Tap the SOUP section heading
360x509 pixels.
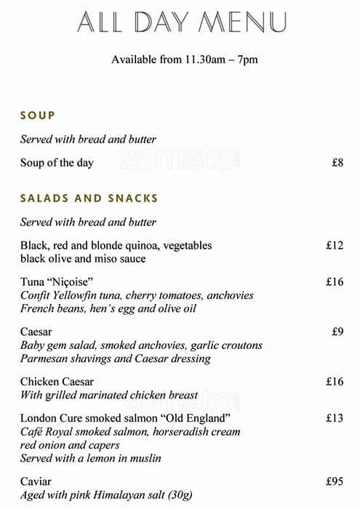coord(38,115)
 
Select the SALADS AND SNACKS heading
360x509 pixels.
coord(89,198)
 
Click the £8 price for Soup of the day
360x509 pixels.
coord(337,163)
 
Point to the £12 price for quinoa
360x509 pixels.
coord(334,246)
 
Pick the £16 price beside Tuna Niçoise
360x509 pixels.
coord(334,281)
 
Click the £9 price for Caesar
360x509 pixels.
coord(337,332)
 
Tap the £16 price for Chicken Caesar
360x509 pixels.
coord(334,382)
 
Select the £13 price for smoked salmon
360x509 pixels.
coord(334,418)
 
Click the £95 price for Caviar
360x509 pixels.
coord(334,481)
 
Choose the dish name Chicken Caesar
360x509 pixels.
coord(57,382)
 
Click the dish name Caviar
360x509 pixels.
coord(36,481)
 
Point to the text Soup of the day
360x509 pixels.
coord(57,163)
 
